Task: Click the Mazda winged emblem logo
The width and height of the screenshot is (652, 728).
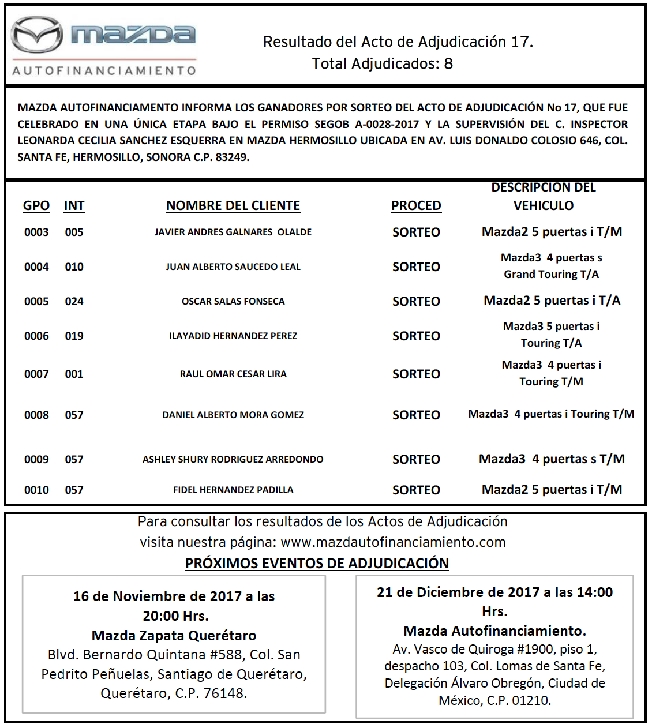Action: (x=37, y=35)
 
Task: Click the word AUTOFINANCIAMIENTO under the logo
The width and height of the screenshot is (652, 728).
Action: (x=104, y=70)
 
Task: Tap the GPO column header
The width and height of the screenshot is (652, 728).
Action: (x=36, y=206)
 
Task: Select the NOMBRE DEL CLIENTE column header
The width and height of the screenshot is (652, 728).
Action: (x=233, y=206)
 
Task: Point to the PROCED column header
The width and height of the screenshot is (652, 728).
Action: (x=416, y=206)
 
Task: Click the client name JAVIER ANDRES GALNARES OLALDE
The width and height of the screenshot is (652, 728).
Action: (x=233, y=232)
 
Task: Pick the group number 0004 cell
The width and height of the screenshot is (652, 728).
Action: (x=36, y=267)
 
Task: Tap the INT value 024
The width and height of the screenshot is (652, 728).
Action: (x=74, y=302)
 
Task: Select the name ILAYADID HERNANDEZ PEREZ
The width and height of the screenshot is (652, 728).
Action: (x=233, y=336)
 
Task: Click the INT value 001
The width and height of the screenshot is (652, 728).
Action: (x=74, y=374)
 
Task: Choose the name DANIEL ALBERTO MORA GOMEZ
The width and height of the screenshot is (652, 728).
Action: (x=233, y=415)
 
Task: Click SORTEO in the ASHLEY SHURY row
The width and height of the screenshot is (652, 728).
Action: (x=416, y=460)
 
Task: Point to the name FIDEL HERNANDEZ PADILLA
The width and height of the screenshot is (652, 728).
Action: (x=233, y=490)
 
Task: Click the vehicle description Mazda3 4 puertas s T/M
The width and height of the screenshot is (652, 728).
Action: (x=552, y=459)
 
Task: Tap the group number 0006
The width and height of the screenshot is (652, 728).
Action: (x=36, y=336)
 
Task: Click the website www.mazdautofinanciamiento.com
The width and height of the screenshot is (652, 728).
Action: (x=393, y=543)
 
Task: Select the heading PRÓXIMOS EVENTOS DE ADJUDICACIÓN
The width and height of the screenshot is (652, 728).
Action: (x=317, y=564)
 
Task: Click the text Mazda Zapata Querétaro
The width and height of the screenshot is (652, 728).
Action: (x=174, y=636)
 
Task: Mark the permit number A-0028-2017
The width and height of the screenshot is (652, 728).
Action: (x=387, y=125)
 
